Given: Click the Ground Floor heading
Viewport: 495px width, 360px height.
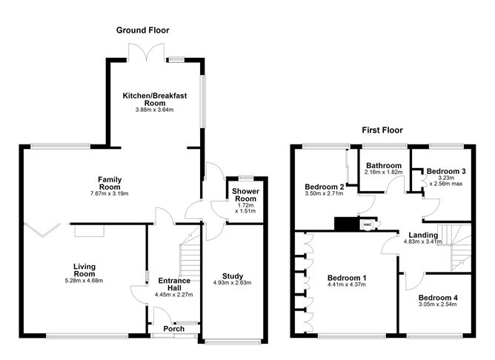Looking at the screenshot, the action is pos(143,30).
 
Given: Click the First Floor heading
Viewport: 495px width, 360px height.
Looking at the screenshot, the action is pos(382,130).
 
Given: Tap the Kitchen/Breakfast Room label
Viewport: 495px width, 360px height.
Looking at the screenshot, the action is pos(155,99).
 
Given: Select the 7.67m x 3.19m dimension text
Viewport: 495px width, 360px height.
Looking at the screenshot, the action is pos(109,194).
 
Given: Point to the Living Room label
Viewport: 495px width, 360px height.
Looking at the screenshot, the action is pos(84,270).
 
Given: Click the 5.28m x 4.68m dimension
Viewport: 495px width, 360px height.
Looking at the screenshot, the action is pos(84,281).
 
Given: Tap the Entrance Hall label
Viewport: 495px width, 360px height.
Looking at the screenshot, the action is pos(174,284).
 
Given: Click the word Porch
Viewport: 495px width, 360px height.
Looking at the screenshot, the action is pos(174,329).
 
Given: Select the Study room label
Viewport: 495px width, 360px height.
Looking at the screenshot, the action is pos(233,276).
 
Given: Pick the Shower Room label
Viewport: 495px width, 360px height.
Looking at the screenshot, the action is pos(245,195).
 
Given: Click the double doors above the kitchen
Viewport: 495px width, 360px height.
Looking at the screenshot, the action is pos(146,52).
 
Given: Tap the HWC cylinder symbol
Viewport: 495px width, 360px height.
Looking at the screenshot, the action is pos(367,224).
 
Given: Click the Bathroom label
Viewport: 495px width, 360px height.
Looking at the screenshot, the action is pos(384,166).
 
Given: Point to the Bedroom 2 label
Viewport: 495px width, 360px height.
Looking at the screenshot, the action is pos(325,187).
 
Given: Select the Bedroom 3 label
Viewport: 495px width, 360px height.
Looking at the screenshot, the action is pos(446,171).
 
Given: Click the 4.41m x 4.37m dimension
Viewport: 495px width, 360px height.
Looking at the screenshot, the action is pos(347,284).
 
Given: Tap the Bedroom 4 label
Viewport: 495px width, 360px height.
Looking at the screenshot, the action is pos(438,298).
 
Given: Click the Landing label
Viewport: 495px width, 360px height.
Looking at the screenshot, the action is pos(423,235).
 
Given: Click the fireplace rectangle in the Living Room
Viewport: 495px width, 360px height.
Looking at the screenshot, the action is pos(90,231).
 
